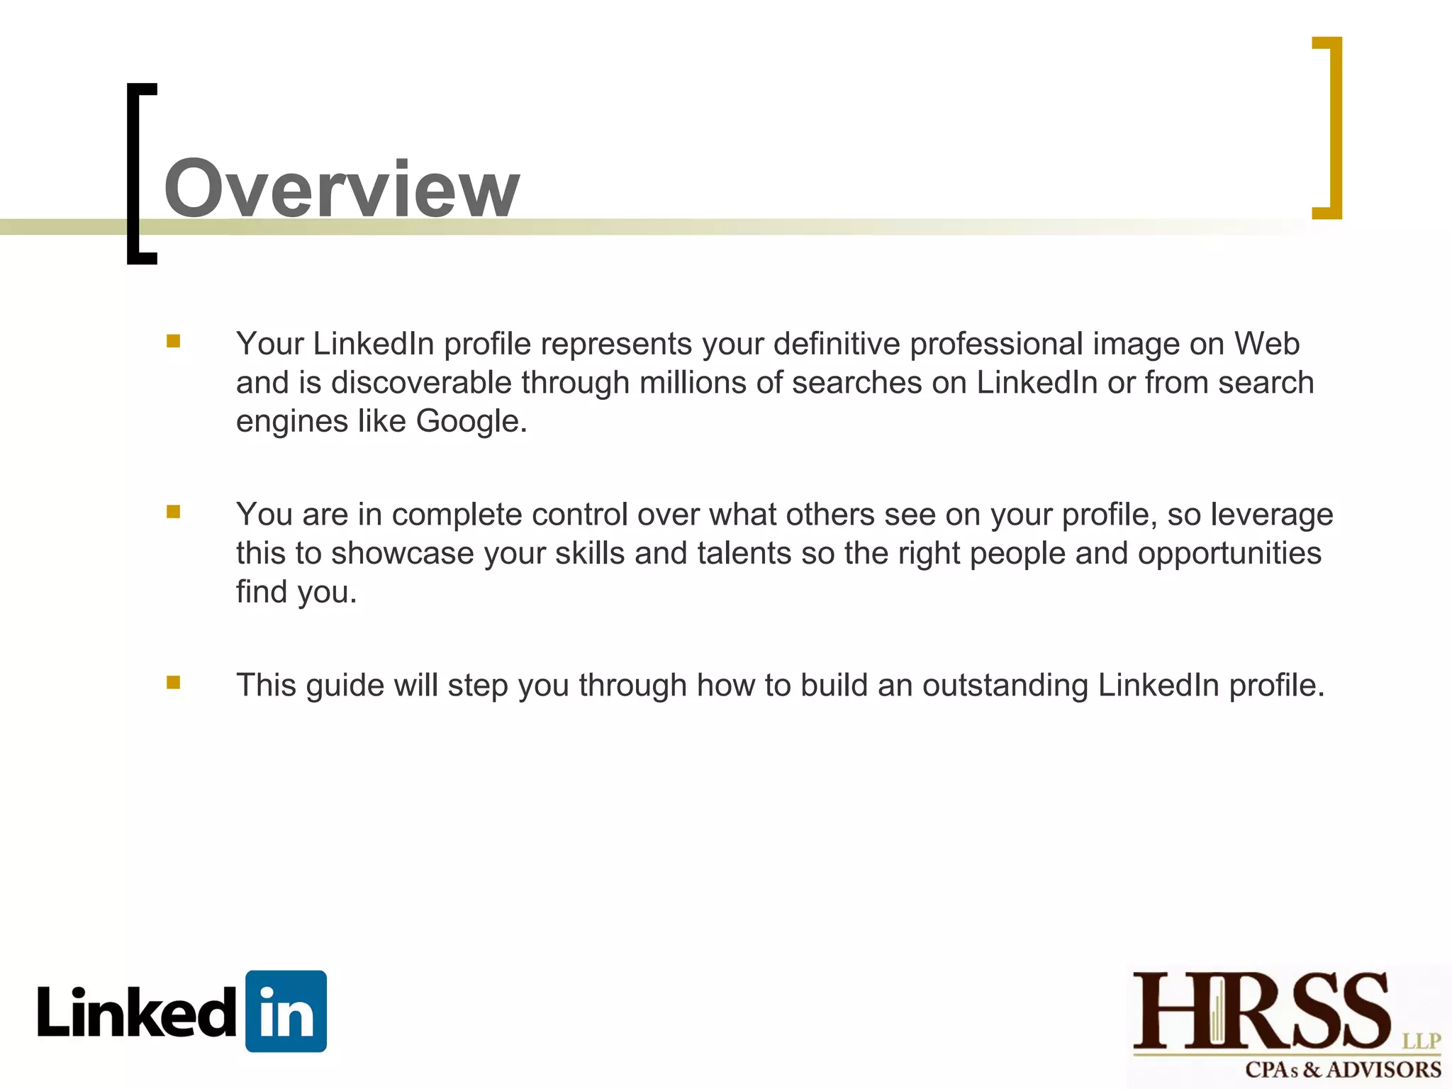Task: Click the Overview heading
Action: click(x=342, y=189)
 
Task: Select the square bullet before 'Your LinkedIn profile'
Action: click(x=174, y=342)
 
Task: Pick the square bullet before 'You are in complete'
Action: click(x=174, y=512)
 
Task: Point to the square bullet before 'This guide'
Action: click(x=174, y=683)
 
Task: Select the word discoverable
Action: click(x=421, y=383)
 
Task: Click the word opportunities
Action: click(x=1229, y=554)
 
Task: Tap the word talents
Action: click(x=744, y=554)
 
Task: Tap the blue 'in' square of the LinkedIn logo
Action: click(x=286, y=1011)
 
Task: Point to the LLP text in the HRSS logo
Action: click(x=1422, y=1041)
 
